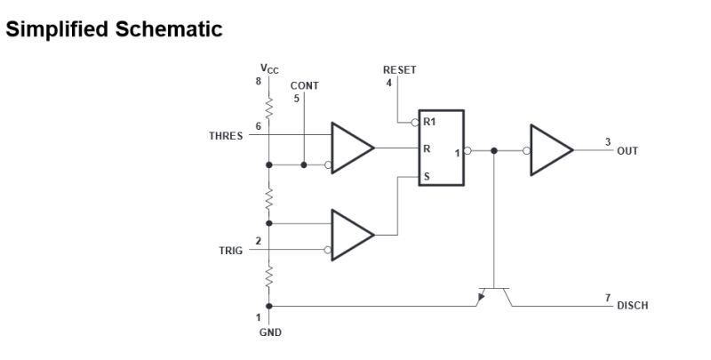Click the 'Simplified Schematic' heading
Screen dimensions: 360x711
click(114, 29)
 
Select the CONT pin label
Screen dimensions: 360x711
click(304, 86)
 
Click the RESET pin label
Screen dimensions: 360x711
click(399, 69)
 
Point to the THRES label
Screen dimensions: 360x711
click(226, 137)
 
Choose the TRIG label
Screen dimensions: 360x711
click(230, 251)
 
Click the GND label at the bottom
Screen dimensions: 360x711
click(269, 333)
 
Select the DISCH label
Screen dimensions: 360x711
click(632, 306)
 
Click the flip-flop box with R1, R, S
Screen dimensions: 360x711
click(442, 148)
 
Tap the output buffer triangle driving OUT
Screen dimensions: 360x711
click(552, 149)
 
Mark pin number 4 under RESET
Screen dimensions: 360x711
click(388, 83)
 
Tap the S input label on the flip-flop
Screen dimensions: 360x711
click(427, 176)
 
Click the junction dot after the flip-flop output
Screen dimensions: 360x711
click(493, 150)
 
